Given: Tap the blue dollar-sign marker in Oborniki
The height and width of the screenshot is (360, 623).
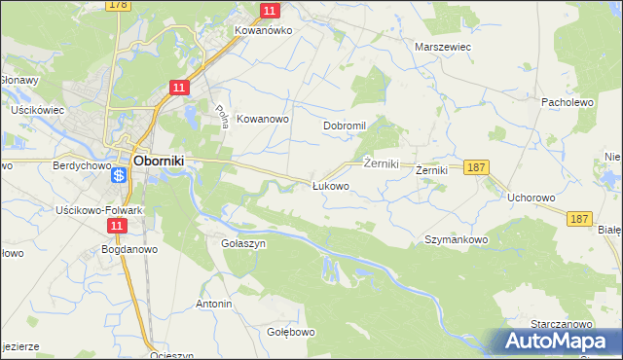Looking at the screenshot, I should click(118, 176).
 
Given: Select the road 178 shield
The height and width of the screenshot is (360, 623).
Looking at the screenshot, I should click(119, 6).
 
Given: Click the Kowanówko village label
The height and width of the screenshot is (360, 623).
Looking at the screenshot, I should click(263, 30).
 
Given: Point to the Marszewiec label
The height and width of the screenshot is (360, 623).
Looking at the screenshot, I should click(443, 46).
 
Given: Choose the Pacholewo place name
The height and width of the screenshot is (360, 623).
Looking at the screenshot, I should click(567, 101).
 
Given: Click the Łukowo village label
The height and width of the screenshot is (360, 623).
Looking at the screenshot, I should click(330, 185).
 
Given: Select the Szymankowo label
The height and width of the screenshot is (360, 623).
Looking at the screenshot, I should click(456, 238).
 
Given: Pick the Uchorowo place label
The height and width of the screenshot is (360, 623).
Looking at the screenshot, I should click(531, 198).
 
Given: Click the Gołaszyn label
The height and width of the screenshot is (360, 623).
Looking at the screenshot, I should click(243, 243).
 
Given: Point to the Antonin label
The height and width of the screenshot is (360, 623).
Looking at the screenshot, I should click(214, 304).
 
